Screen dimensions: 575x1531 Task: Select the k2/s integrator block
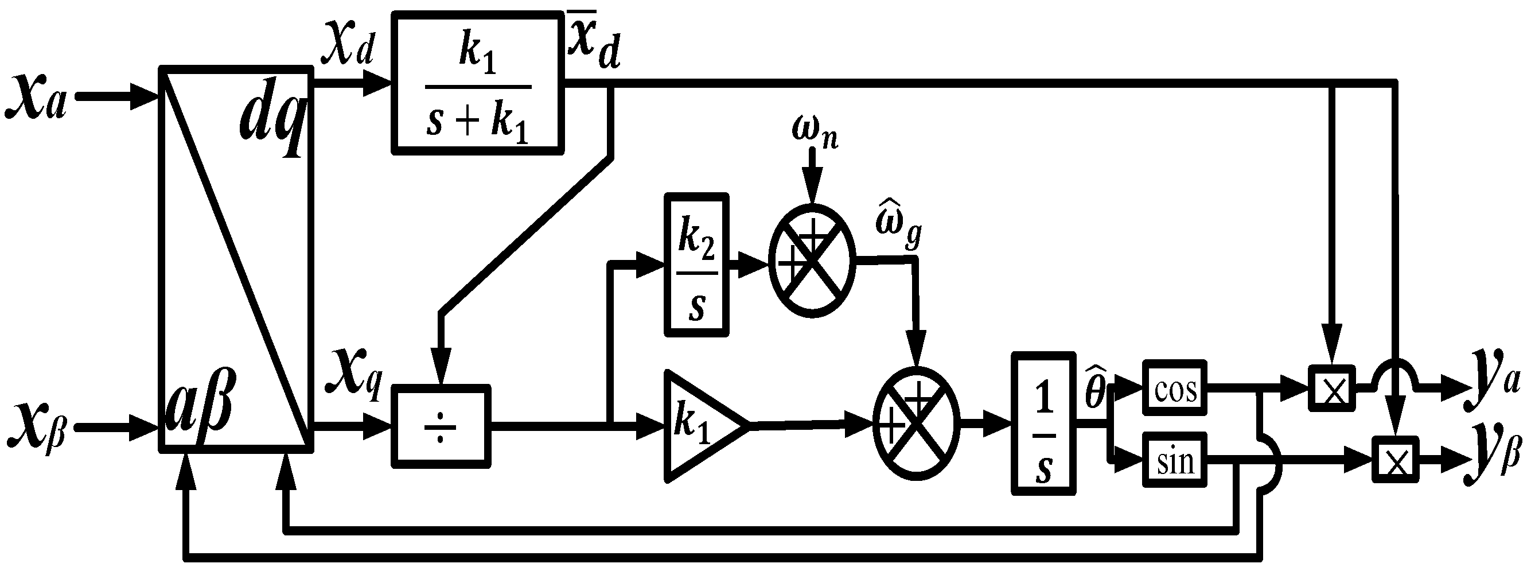(696, 265)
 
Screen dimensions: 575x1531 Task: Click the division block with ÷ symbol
(441, 426)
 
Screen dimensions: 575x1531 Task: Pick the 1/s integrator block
(1043, 424)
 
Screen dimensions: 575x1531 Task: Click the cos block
(1174, 388)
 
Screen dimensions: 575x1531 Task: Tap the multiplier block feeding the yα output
(1331, 388)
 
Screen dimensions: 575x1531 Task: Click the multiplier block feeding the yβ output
(1394, 460)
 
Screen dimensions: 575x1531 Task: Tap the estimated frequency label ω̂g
(898, 225)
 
